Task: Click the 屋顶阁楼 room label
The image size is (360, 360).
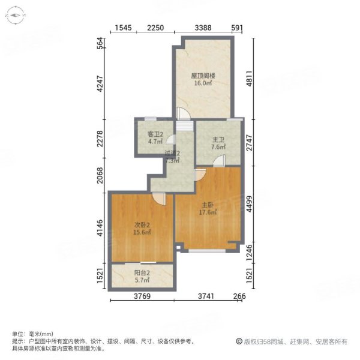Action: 203,76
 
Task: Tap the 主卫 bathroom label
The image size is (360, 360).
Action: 218,140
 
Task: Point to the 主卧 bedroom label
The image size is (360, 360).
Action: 207,203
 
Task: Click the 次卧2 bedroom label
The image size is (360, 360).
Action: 142,225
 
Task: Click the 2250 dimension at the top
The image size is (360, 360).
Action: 155,28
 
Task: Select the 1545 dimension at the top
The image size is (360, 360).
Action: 123,28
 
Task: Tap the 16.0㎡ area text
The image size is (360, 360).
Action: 203,84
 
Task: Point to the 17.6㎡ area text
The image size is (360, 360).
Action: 207,211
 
